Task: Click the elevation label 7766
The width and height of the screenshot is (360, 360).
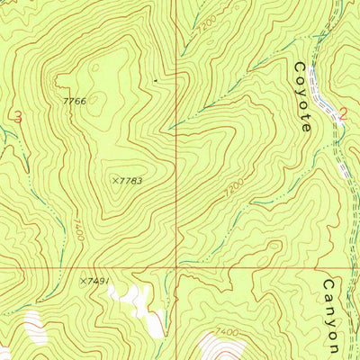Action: (x=75, y=101)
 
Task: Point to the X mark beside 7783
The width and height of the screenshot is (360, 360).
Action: (x=115, y=181)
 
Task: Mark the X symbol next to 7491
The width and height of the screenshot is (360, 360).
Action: (x=82, y=282)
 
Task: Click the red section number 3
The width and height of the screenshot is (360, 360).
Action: (x=18, y=116)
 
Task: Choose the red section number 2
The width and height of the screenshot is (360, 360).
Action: (x=343, y=114)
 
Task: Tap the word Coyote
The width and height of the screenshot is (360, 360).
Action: (x=303, y=97)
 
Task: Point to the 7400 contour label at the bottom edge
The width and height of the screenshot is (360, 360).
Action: (x=228, y=333)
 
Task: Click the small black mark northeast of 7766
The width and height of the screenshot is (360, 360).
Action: (x=155, y=81)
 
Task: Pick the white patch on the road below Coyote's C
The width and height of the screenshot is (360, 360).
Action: (x=317, y=83)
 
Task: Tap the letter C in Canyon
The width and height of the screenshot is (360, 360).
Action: (x=329, y=285)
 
